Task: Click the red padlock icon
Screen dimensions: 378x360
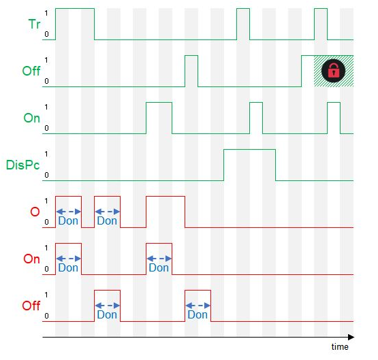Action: point(334,71)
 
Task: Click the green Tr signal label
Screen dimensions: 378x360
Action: point(34,24)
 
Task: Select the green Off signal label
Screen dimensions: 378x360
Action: point(31,71)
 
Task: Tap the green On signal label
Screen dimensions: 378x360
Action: point(31,118)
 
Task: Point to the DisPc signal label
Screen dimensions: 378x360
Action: point(22,165)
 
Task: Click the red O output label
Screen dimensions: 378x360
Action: point(35,212)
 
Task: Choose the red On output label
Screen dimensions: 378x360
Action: point(31,259)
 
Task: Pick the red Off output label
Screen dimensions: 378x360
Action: point(31,306)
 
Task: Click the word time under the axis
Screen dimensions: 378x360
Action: point(340,347)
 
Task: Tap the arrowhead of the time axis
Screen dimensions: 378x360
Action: point(351,337)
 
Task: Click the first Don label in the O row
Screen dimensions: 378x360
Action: point(68,220)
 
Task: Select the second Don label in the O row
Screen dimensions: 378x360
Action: point(107,220)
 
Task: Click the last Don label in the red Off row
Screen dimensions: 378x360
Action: point(198,314)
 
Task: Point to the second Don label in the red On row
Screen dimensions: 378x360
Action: point(159,267)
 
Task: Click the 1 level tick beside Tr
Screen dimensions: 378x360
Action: point(46,13)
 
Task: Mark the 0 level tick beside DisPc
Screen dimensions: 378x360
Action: point(46,175)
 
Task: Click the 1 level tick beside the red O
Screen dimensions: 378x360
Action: point(46,201)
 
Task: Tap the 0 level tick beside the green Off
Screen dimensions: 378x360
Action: point(46,81)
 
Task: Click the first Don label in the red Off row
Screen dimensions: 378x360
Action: point(107,314)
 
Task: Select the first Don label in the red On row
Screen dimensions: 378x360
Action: point(68,267)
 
